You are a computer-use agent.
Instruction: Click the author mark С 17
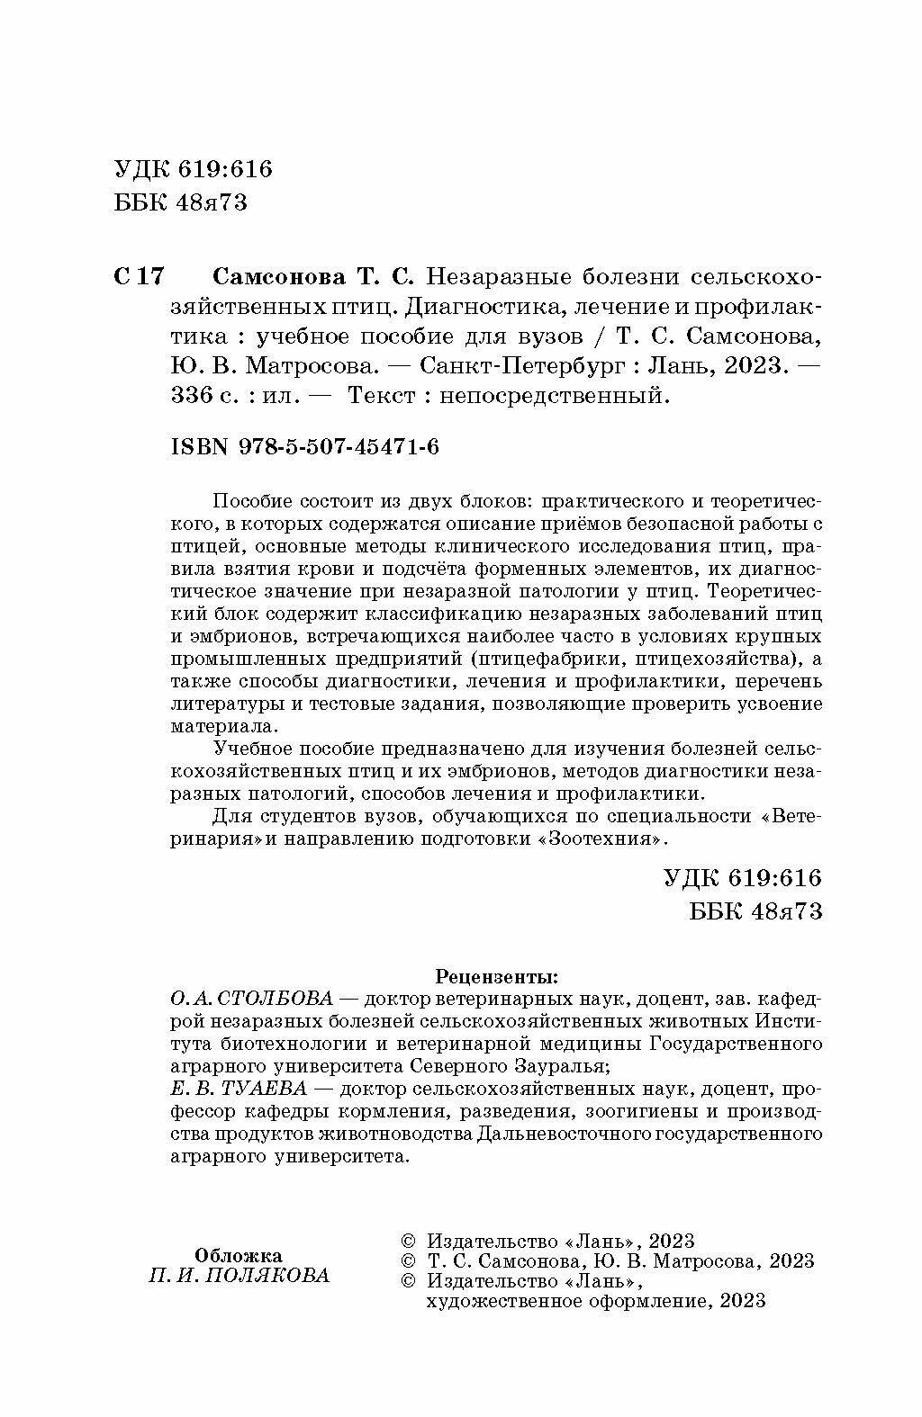click(x=139, y=276)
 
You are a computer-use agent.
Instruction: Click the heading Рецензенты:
click(x=496, y=975)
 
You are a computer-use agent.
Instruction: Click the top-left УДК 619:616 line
click(x=194, y=169)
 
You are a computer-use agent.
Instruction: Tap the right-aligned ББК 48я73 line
click(x=755, y=910)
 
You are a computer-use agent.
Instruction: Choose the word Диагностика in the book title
click(x=474, y=307)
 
